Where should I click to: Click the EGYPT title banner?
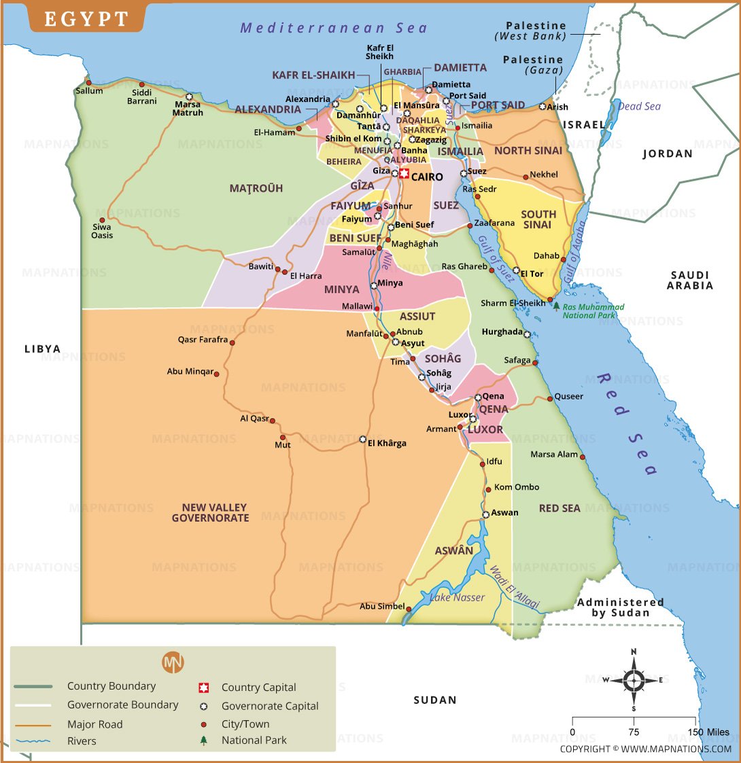(86, 19)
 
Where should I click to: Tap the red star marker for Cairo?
(404, 174)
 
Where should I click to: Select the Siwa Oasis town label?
(103, 231)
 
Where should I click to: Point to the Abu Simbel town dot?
(409, 607)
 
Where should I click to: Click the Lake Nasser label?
(458, 597)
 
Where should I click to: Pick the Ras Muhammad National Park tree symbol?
(556, 306)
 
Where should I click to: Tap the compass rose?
(634, 679)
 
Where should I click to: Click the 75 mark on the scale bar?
(634, 732)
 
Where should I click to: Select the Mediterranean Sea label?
(334, 28)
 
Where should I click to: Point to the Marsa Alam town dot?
(583, 457)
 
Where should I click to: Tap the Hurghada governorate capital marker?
(527, 334)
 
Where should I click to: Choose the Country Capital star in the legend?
(203, 688)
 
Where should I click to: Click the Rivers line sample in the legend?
(33, 741)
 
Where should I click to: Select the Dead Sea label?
(639, 107)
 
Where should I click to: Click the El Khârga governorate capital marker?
(363, 439)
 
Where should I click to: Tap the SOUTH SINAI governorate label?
(538, 219)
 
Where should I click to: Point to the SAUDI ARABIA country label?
(690, 280)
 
